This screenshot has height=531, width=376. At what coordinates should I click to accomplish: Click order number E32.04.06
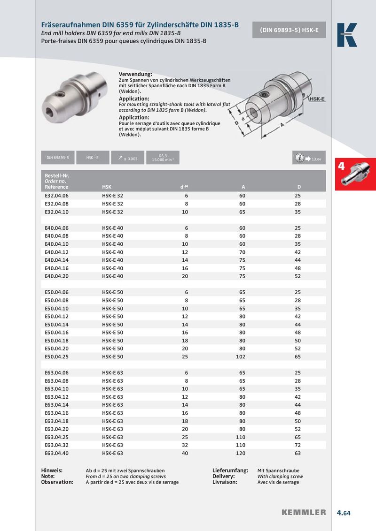56,196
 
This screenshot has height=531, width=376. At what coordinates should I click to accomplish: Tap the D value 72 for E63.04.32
298,445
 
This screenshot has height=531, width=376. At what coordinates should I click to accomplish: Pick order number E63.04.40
56,453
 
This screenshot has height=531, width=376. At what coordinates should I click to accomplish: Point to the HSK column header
107,187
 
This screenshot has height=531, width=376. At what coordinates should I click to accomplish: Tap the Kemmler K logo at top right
347,35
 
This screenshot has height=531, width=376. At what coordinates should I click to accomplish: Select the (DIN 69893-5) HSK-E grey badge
289,30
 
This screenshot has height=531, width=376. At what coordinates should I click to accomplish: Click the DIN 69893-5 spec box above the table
58,158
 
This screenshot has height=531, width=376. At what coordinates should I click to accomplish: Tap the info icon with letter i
299,158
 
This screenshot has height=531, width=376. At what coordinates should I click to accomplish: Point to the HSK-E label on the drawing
317,99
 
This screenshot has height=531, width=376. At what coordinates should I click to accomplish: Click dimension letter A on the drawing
282,125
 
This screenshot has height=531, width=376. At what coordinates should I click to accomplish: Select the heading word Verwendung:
135,75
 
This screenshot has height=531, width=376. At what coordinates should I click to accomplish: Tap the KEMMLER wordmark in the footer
304,513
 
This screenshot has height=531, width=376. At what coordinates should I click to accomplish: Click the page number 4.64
344,513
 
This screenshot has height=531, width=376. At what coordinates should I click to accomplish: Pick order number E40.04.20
56,276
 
